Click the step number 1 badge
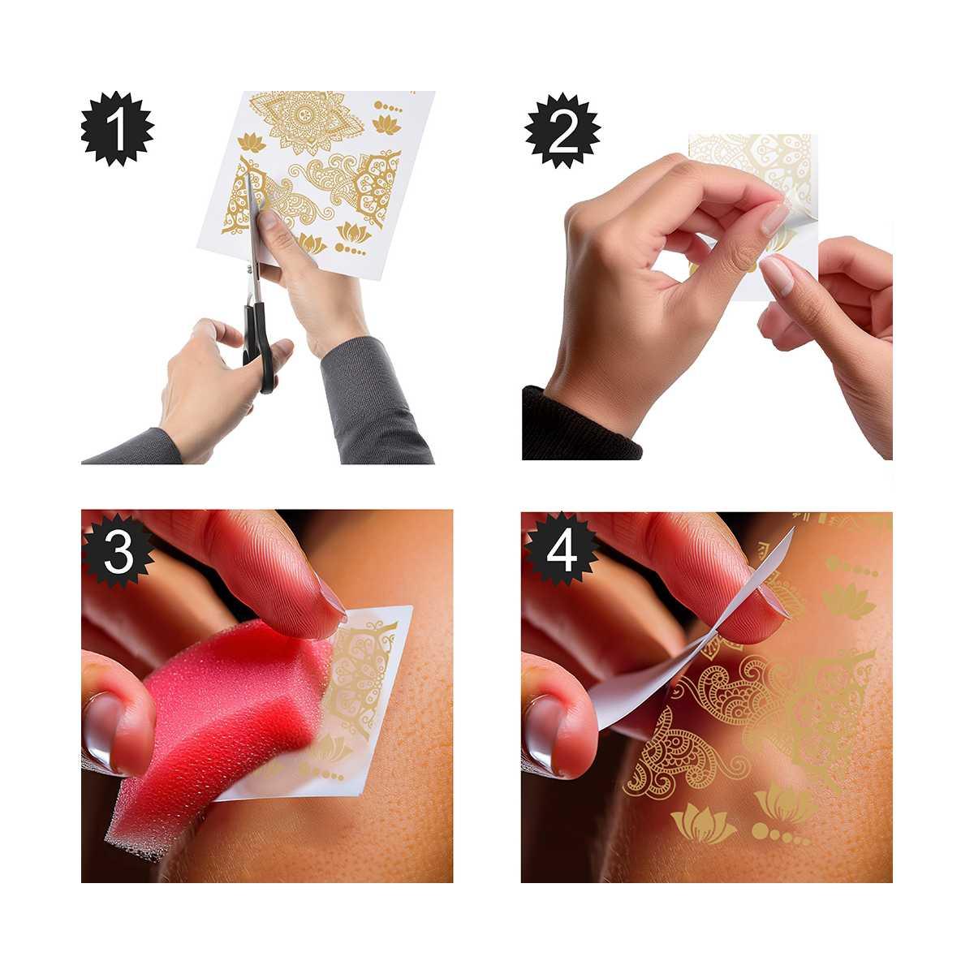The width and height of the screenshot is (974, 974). click(118, 130)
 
